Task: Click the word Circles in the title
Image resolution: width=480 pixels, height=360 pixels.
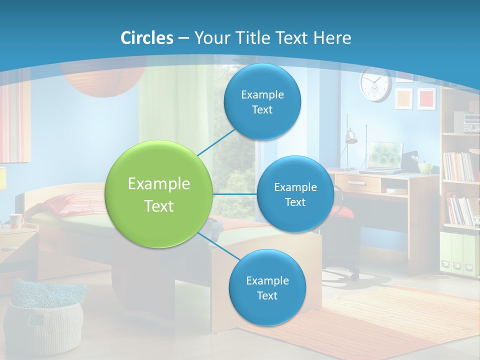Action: coord(146,38)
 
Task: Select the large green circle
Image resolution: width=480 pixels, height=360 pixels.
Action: coord(159,194)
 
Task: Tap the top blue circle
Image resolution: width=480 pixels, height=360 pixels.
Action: coord(262,102)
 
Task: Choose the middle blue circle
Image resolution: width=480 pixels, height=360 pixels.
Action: coord(295,194)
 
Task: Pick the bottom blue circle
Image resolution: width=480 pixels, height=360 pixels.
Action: coord(267,288)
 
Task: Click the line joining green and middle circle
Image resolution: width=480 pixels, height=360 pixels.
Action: coord(235,194)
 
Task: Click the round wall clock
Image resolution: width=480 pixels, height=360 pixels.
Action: coord(375,83)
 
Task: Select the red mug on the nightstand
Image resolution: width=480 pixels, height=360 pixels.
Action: coord(16,220)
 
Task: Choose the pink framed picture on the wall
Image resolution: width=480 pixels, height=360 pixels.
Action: coord(426,98)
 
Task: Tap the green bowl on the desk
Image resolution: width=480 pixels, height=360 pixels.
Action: coord(425,167)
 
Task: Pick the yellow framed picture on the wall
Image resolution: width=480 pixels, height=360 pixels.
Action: coord(404,98)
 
